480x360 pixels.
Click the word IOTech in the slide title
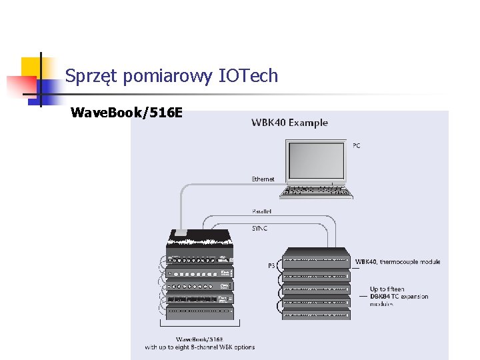[x=248, y=76]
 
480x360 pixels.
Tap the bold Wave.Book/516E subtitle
[x=126, y=113]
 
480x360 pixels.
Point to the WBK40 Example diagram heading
[x=289, y=123]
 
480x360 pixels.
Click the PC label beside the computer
[x=356, y=145]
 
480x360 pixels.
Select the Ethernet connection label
[x=263, y=179]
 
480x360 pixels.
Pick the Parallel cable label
[x=261, y=211]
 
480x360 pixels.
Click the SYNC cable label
[x=260, y=227]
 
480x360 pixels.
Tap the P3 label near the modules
[x=271, y=265]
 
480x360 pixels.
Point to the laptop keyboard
[x=317, y=191]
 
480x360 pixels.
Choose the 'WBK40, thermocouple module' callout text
[x=397, y=262]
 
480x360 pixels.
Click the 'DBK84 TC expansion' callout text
[x=399, y=297]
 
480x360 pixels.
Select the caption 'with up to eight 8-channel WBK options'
[x=200, y=347]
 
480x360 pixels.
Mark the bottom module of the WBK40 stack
[x=317, y=314]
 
